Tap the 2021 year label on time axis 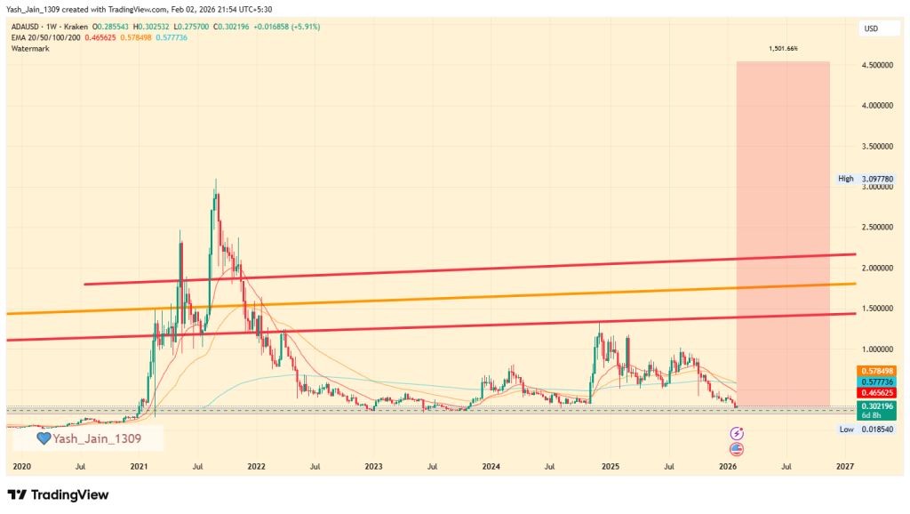(x=140, y=466)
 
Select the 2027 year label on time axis (x=845, y=466)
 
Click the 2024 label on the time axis (x=491, y=466)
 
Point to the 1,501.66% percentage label (x=783, y=48)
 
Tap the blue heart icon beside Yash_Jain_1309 (x=44, y=438)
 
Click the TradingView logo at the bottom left (x=58, y=494)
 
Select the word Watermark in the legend (x=30, y=48)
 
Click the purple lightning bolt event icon (x=737, y=433)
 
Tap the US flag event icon (x=737, y=449)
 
